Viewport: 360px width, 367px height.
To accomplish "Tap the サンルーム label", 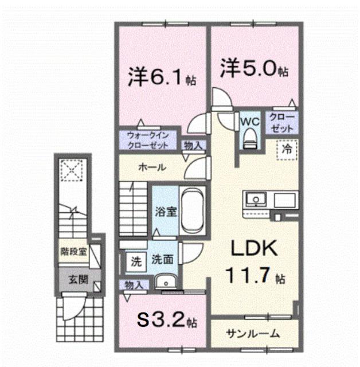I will (253, 333).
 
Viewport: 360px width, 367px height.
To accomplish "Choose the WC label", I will (249, 122).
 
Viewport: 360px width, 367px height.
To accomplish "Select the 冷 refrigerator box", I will (286, 149).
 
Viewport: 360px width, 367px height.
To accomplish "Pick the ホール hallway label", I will (152, 168).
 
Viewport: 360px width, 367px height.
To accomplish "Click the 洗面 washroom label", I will (163, 260).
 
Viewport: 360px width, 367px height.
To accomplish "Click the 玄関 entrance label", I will (78, 280).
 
